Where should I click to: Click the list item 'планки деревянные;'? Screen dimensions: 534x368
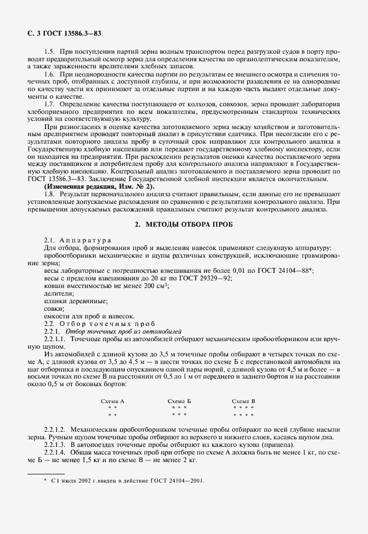click(x=75, y=301)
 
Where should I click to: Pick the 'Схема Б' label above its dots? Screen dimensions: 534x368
click(x=179, y=401)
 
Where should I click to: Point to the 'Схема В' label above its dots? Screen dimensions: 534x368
click(x=244, y=401)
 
